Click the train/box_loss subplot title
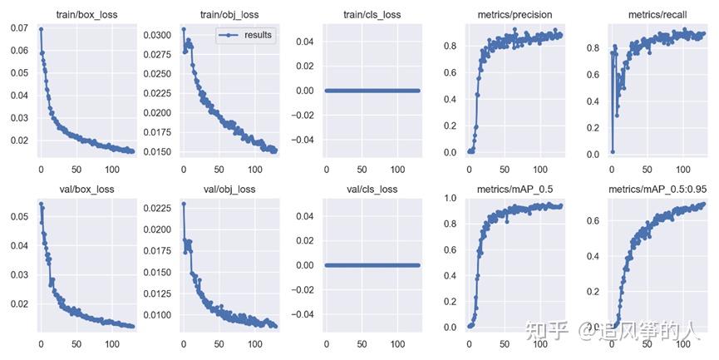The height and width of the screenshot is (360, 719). [86, 15]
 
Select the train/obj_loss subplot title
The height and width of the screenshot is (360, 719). [229, 15]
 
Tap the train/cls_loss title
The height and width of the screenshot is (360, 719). [372, 15]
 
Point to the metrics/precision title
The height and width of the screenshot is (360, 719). [515, 15]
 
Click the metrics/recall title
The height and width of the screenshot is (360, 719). [658, 15]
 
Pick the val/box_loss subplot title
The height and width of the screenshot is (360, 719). [86, 189]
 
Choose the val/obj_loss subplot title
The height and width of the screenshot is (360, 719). [229, 189]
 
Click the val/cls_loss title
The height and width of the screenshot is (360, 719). [372, 189]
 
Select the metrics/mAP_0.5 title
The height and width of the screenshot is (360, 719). [515, 189]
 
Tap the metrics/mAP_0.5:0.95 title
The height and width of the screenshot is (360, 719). [658, 189]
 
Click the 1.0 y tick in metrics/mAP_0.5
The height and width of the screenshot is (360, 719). [451, 198]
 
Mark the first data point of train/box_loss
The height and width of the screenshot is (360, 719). [41, 29]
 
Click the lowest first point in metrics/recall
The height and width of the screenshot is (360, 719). [613, 151]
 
